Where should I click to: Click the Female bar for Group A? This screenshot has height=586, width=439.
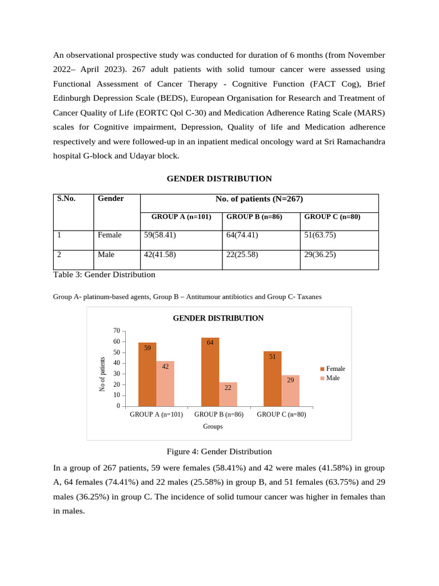tap(147, 374)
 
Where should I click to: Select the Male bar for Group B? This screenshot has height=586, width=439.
tap(228, 394)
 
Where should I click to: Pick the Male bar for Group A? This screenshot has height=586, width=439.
tap(165, 383)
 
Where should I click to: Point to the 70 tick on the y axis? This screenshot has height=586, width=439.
tap(117, 331)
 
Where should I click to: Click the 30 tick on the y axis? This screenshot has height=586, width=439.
tap(117, 374)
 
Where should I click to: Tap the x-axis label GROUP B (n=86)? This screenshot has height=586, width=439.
tap(219, 414)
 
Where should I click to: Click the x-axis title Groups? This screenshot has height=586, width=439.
tap(213, 426)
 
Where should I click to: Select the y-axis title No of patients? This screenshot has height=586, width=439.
tap(102, 374)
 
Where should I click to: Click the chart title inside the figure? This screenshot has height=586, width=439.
tap(218, 318)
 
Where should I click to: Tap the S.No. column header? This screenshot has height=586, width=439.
tap(66, 199)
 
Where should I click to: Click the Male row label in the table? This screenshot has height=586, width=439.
tap(106, 255)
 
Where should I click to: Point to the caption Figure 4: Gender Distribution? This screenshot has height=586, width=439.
tap(219, 452)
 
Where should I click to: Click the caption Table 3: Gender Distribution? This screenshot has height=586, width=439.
tap(104, 275)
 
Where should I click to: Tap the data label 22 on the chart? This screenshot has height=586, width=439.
tap(228, 387)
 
